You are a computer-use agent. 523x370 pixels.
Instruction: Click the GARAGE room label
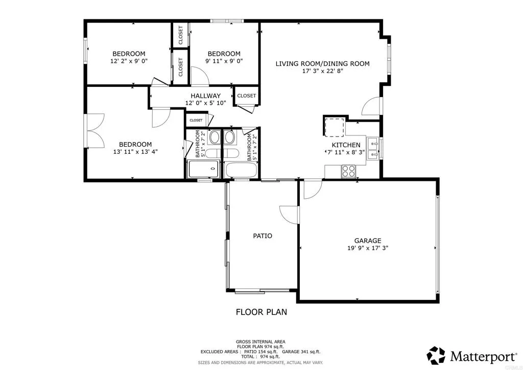click(368, 241)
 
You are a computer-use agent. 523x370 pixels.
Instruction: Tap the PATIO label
click(263, 236)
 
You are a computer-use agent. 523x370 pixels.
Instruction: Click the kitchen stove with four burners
click(348, 171)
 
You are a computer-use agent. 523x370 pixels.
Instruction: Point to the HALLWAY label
click(205, 96)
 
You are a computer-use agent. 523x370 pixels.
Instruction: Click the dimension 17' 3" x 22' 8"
click(322, 71)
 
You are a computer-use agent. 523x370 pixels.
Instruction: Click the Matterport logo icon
click(436, 355)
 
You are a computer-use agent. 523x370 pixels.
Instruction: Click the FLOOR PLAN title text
click(261, 312)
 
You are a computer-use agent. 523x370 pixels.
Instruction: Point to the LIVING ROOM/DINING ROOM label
click(322, 64)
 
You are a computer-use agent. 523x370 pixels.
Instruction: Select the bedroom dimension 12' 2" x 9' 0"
click(129, 61)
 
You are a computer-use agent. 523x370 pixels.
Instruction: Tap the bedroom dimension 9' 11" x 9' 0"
click(224, 61)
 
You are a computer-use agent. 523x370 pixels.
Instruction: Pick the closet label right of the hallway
click(246, 96)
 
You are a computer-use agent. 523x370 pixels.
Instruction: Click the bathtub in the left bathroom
click(203, 169)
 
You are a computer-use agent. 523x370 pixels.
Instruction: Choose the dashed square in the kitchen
click(335, 127)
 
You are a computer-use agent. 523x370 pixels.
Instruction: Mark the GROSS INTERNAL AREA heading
click(260, 341)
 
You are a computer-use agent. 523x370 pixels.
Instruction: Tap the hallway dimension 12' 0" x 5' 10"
click(205, 103)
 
